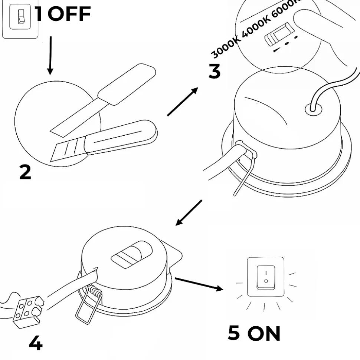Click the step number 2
click(25, 173)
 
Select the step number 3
click(215, 71)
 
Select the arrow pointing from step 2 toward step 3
click(182, 102)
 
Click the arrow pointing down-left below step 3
click(189, 213)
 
